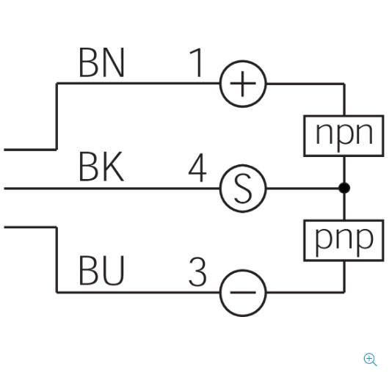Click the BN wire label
[101, 62]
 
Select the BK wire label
[101, 167]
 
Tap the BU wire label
[101, 270]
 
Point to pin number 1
[197, 62]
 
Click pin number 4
[197, 167]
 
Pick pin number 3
[197, 271]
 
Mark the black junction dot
[344, 188]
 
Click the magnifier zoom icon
[370, 360]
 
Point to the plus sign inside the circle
[243, 84]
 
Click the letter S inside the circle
[243, 189]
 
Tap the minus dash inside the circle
[243, 293]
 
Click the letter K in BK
[114, 167]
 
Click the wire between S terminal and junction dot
[302, 189]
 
